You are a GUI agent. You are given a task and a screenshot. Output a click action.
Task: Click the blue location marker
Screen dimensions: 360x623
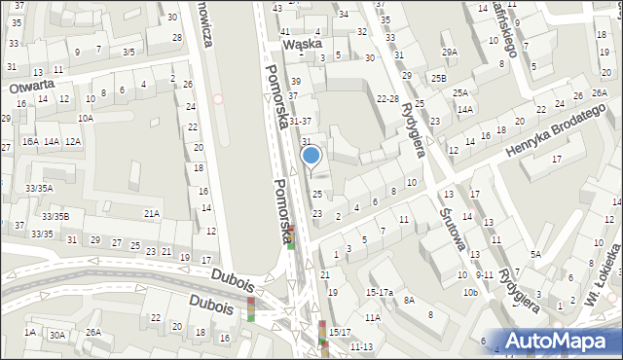tap(311, 156)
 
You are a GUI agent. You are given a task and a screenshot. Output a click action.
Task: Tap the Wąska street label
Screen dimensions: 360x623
tap(301, 44)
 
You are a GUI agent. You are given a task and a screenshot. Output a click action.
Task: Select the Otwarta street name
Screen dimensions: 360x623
tap(30, 87)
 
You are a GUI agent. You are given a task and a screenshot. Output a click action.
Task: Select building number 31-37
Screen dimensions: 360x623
tap(300, 122)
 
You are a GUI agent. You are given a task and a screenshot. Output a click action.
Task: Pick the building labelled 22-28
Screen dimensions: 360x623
tap(388, 98)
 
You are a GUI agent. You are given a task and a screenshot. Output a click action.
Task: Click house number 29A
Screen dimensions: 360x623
tap(449, 53)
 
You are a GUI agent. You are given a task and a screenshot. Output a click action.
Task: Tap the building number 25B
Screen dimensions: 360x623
tap(439, 78)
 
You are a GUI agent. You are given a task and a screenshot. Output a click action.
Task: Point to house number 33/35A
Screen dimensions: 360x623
tap(39, 188)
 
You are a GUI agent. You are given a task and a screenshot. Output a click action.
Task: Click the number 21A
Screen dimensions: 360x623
tap(152, 213)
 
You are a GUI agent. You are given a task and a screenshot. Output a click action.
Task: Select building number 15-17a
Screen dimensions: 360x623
tap(379, 292)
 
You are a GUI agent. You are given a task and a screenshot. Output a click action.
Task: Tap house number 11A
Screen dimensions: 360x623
tap(373, 317)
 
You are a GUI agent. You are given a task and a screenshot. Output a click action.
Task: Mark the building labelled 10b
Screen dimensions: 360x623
tap(470, 292)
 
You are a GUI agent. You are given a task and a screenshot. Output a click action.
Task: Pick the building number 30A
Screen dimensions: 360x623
tap(58, 336)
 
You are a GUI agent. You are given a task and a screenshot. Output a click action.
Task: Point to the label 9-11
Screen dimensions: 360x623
tap(485, 275)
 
